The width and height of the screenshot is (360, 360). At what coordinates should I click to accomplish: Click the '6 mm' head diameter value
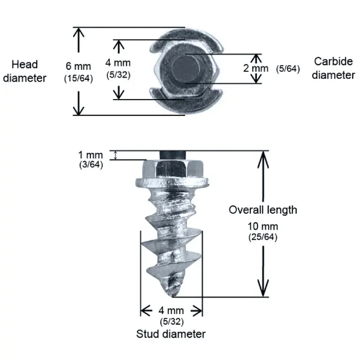[79, 66]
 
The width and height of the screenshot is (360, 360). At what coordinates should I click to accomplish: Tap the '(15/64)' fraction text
[79, 78]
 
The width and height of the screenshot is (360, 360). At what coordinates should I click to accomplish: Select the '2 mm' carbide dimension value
[256, 69]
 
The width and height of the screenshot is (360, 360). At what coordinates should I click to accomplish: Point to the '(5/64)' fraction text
[288, 69]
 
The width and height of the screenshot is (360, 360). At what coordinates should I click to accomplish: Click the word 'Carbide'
[334, 61]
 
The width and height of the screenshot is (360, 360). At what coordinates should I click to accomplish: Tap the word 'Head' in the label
[25, 65]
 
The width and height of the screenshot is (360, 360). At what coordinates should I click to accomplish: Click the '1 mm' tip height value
[91, 155]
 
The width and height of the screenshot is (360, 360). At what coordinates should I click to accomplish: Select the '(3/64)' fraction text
[91, 165]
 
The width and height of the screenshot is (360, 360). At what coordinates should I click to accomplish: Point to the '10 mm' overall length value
[263, 227]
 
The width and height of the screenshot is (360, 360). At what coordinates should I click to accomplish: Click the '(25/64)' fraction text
[263, 237]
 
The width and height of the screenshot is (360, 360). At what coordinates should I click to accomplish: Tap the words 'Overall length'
[263, 210]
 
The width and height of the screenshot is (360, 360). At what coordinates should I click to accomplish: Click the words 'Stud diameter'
[171, 334]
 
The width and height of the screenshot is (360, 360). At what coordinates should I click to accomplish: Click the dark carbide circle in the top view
[186, 69]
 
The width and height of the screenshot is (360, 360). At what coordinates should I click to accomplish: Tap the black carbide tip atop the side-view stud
[173, 155]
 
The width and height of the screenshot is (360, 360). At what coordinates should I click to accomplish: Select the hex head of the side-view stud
[173, 169]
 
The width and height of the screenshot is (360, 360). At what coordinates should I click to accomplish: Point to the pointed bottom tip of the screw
[173, 296]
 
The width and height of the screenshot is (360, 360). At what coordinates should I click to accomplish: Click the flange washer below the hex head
[172, 183]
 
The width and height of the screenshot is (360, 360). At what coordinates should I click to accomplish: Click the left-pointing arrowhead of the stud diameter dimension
[146, 311]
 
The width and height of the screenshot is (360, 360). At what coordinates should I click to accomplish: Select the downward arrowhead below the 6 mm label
[79, 107]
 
